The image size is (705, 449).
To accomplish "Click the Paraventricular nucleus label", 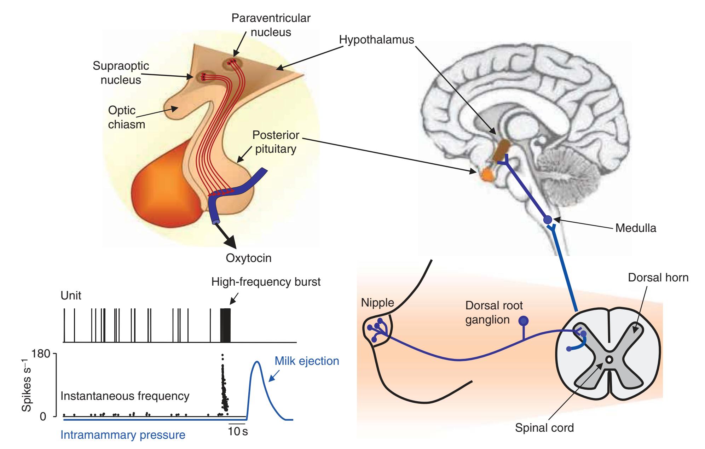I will click(271, 25).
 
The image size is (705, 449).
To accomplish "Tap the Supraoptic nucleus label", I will click(121, 73).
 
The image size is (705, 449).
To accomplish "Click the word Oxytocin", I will click(249, 258).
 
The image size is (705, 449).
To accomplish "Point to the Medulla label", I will click(636, 228).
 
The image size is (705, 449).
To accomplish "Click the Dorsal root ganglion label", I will click(489, 312).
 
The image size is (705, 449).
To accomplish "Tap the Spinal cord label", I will click(544, 428).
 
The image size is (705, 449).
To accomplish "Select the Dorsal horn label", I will click(658, 278).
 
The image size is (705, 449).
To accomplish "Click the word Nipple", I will click(377, 303).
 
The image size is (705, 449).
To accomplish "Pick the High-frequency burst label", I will click(266, 282).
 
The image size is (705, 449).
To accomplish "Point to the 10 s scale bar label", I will click(238, 432).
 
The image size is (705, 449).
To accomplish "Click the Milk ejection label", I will click(307, 361).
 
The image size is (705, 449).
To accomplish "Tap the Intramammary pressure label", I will click(123, 435).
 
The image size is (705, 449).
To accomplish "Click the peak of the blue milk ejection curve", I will click(256, 362).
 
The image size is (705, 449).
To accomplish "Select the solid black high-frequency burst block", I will click(225, 325).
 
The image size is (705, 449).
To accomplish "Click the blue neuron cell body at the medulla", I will click(548, 220).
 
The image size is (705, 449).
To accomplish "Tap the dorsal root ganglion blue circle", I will click(524, 321).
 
